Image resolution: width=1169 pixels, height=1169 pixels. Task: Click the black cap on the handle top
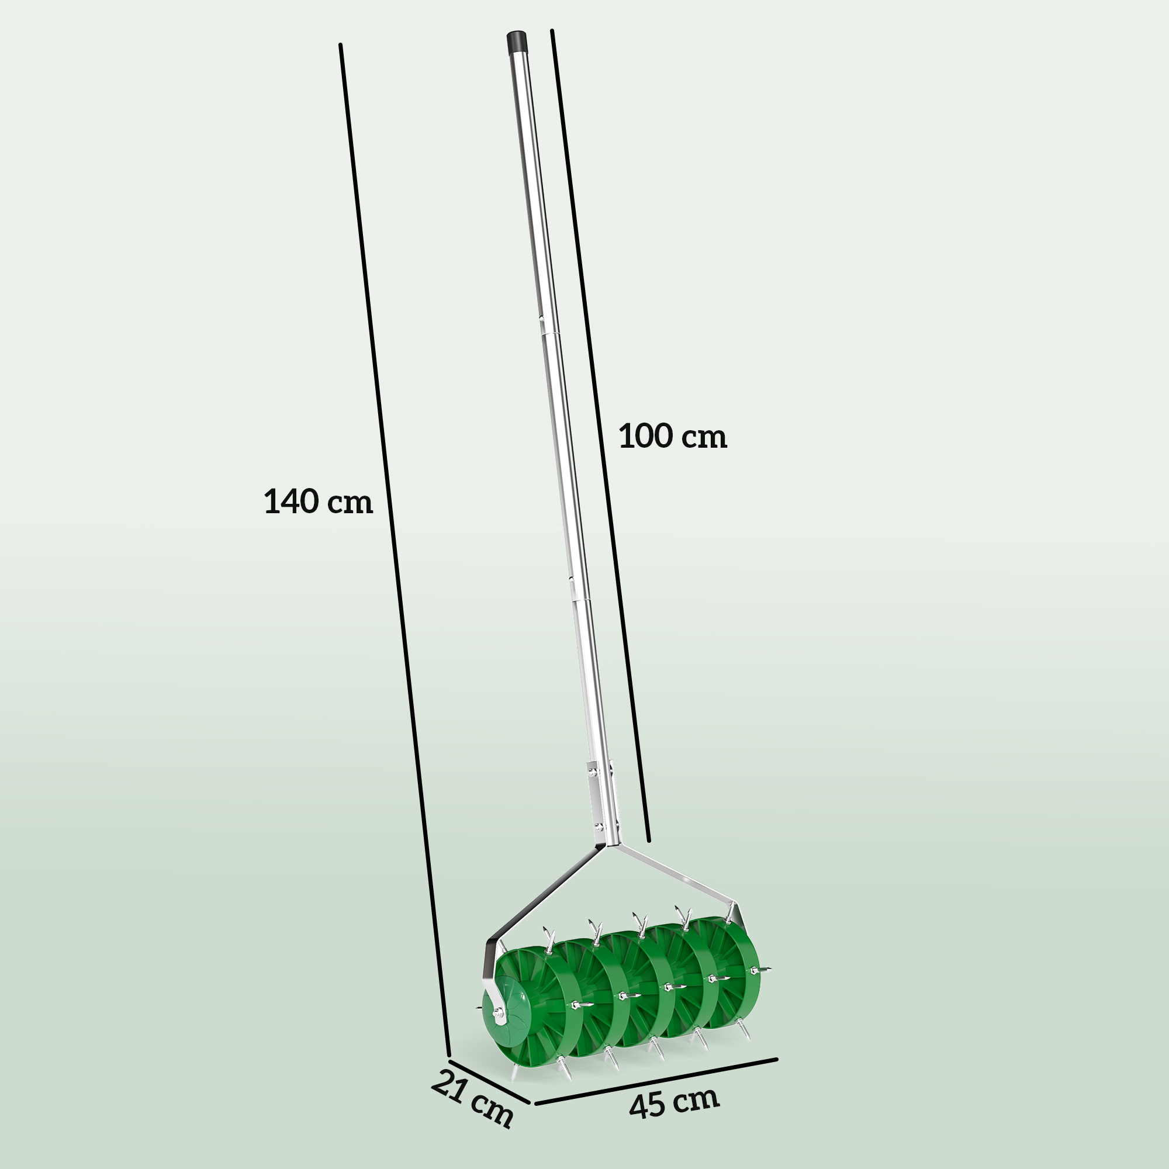[517, 43]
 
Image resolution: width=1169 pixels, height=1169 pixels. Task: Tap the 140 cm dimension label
[319, 502]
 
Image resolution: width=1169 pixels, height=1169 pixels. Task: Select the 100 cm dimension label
[672, 436]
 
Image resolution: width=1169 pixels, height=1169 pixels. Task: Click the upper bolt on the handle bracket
[592, 772]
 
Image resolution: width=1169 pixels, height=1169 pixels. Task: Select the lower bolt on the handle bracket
[599, 826]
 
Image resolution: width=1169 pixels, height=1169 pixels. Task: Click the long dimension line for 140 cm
[393, 545]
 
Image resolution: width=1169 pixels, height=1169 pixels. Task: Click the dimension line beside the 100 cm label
[599, 424]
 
